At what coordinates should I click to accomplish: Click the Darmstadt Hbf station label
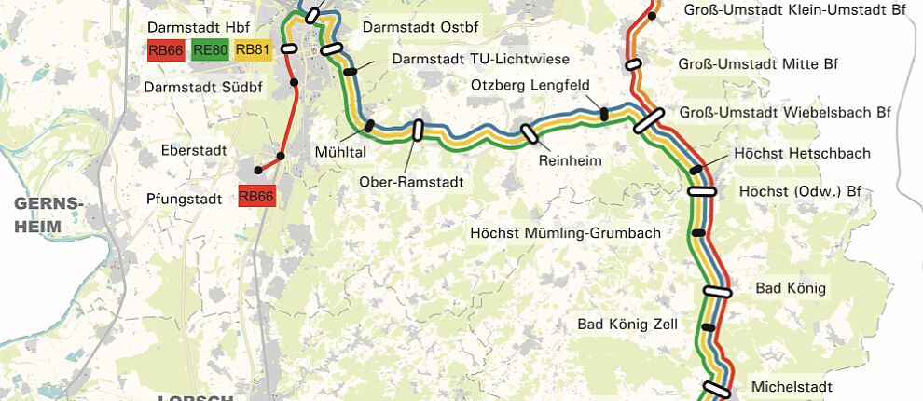coord(198,26)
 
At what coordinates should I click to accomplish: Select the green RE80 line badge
coord(210,51)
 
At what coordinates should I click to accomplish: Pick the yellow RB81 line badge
coord(253,51)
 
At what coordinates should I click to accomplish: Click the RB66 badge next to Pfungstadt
coord(256,196)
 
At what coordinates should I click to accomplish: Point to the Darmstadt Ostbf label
coord(420,27)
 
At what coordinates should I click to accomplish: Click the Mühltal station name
coord(341,151)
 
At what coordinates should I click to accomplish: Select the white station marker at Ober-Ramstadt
coord(417,130)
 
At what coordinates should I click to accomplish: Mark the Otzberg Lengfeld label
coord(530,86)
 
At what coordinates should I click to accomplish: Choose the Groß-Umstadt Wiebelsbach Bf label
coord(785,112)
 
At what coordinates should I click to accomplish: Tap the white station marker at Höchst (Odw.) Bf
coord(702,191)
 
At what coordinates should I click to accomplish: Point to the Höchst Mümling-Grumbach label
coord(565,232)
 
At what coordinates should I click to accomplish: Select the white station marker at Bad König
coord(717,292)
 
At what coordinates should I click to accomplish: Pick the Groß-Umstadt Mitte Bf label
coord(757,64)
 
